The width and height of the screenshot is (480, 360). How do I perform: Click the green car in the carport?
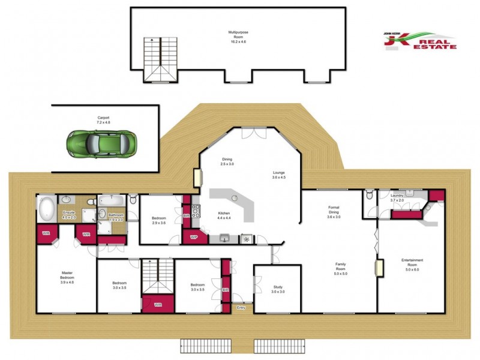coord(101,143)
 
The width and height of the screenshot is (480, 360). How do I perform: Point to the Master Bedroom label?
coord(67,277)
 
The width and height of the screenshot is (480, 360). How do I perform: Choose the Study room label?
coord(277,289)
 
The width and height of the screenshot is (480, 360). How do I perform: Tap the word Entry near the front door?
coord(241,308)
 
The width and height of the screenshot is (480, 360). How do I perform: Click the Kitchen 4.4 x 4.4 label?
coord(224,216)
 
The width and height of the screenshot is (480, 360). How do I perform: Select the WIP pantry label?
coord(193,237)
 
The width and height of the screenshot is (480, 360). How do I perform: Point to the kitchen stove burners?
coord(196,211)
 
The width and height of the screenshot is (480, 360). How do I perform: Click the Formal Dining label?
coord(334,212)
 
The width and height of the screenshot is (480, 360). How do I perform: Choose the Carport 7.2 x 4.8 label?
coord(104,119)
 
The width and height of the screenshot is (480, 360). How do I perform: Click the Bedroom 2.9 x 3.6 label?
coord(159,220)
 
